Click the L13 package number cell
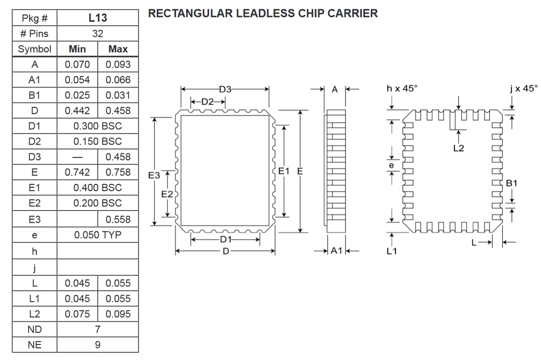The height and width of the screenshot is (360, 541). click(x=98, y=19)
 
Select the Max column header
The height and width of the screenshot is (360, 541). click(x=118, y=49)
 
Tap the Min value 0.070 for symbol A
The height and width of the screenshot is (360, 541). click(x=77, y=65)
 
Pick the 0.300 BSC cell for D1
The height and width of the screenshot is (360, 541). click(x=98, y=126)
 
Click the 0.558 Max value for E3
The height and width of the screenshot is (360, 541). click(x=118, y=219)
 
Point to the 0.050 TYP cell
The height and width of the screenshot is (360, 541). click(x=98, y=235)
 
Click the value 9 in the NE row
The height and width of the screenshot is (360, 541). click(x=98, y=345)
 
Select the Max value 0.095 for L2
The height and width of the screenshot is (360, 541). click(x=118, y=314)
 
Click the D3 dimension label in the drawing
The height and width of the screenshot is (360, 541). click(x=225, y=89)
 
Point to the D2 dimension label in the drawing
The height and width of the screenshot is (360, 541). click(x=208, y=102)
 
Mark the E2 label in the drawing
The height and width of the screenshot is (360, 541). click(x=167, y=194)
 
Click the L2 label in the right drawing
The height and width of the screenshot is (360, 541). click(x=458, y=149)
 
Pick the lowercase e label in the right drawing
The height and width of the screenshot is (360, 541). click(x=392, y=165)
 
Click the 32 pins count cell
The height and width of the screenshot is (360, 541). click(x=98, y=34)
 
